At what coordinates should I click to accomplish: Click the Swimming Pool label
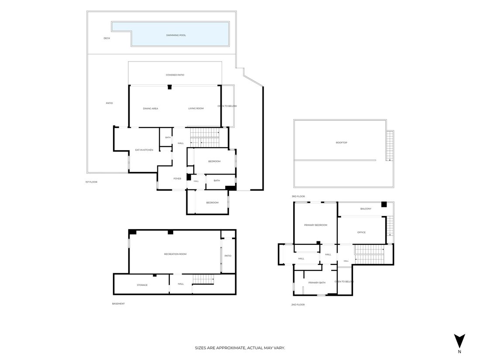click(x=176, y=35)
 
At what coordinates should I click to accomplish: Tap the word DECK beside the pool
click(x=107, y=38)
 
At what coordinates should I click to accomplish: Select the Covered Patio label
click(x=175, y=75)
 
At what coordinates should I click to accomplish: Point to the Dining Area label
click(x=151, y=109)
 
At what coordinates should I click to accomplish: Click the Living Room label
click(x=196, y=108)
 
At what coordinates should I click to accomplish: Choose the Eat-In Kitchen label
click(x=144, y=150)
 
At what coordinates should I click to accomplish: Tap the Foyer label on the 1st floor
click(x=177, y=178)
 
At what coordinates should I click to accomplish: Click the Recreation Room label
click(x=175, y=254)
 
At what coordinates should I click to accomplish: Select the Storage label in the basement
click(x=142, y=285)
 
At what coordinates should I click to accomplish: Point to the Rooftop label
click(x=342, y=143)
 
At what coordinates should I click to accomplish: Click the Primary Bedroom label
click(x=315, y=225)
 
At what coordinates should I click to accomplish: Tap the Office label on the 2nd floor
click(x=362, y=232)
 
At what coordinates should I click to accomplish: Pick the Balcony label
click(x=366, y=209)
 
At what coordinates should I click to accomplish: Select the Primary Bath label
click(x=317, y=283)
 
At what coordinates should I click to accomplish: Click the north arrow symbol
click(x=459, y=341)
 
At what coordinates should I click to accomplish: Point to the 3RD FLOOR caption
click(x=298, y=196)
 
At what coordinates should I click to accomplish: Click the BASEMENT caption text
click(x=118, y=304)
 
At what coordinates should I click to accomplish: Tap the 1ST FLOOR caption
click(x=91, y=182)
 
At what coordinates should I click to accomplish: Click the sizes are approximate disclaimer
click(x=240, y=348)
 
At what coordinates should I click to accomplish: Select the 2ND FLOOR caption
click(x=298, y=305)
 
